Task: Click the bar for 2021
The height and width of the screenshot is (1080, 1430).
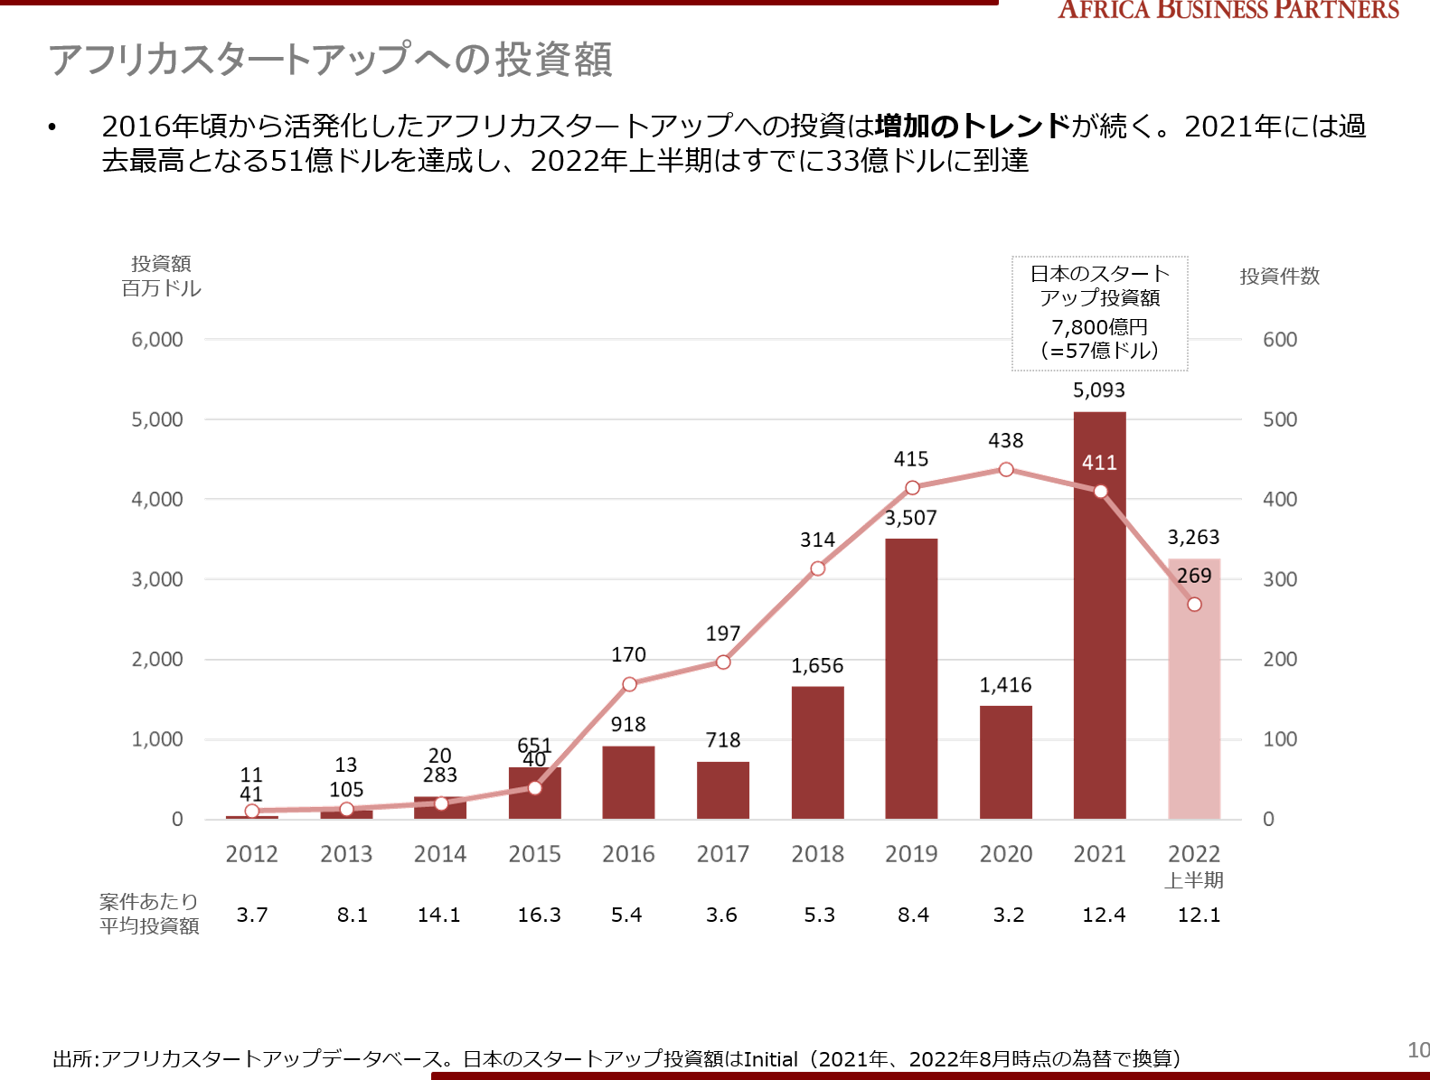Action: click(1099, 633)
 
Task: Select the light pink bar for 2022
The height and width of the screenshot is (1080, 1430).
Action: click(1194, 705)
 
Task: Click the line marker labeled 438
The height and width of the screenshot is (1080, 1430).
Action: click(1006, 469)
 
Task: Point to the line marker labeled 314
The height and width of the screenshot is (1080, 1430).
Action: click(817, 568)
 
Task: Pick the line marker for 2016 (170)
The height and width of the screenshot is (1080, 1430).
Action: click(629, 684)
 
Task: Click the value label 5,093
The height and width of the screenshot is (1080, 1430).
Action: click(1099, 390)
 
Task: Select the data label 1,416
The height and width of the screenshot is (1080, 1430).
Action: click(1005, 685)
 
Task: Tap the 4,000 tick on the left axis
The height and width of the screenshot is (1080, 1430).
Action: click(157, 499)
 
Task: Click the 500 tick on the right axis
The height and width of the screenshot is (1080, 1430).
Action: click(1279, 419)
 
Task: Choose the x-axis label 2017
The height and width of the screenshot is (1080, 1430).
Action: click(722, 854)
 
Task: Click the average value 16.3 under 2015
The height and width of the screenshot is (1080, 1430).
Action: click(539, 915)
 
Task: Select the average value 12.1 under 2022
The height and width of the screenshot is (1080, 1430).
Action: click(1199, 915)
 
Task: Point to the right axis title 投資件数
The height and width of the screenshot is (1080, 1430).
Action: click(1279, 277)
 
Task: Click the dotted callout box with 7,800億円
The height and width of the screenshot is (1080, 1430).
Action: click(1099, 314)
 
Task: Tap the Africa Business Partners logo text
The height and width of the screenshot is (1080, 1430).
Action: click(1228, 10)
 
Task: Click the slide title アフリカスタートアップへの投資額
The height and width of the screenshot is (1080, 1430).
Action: click(331, 60)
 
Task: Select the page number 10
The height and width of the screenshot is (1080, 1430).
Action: click(1417, 1050)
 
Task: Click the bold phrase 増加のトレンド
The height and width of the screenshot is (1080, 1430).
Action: click(973, 126)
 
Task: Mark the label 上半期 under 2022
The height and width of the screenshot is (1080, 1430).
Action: click(1194, 880)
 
